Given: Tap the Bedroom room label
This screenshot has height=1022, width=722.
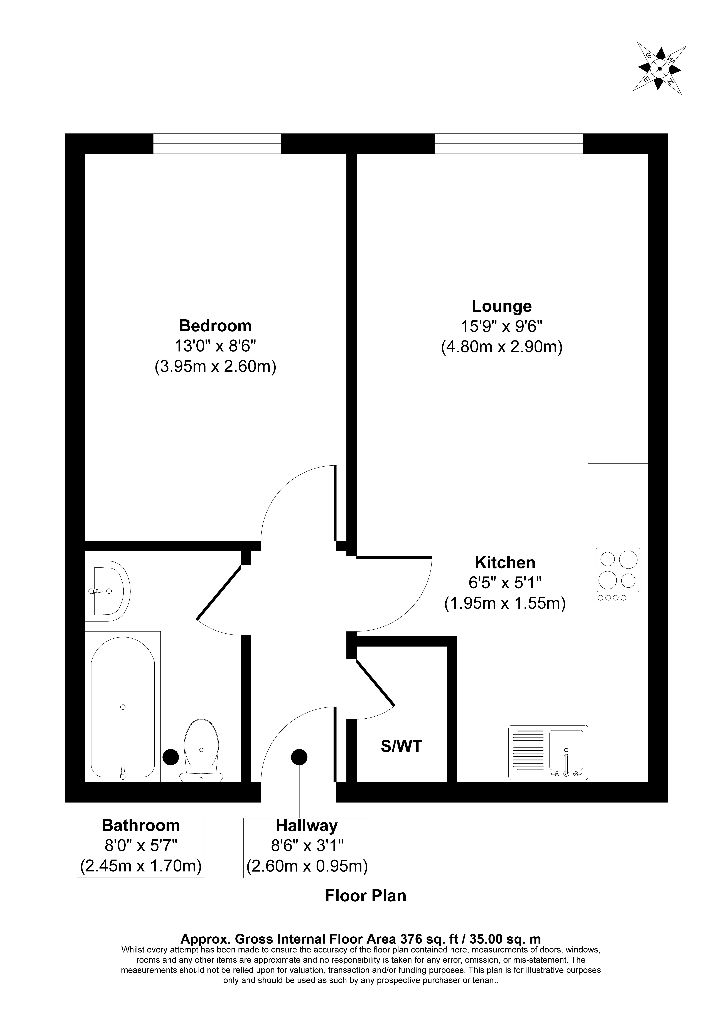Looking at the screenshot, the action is point(215,326).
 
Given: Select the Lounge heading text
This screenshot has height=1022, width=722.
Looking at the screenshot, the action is point(502,306).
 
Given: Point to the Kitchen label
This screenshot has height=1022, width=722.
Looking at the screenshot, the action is point(505,563).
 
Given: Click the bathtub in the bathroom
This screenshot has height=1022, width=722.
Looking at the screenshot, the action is point(123,707).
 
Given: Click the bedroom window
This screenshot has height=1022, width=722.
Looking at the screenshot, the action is point(217,143).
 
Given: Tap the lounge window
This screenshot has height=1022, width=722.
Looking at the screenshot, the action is point(509,143).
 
